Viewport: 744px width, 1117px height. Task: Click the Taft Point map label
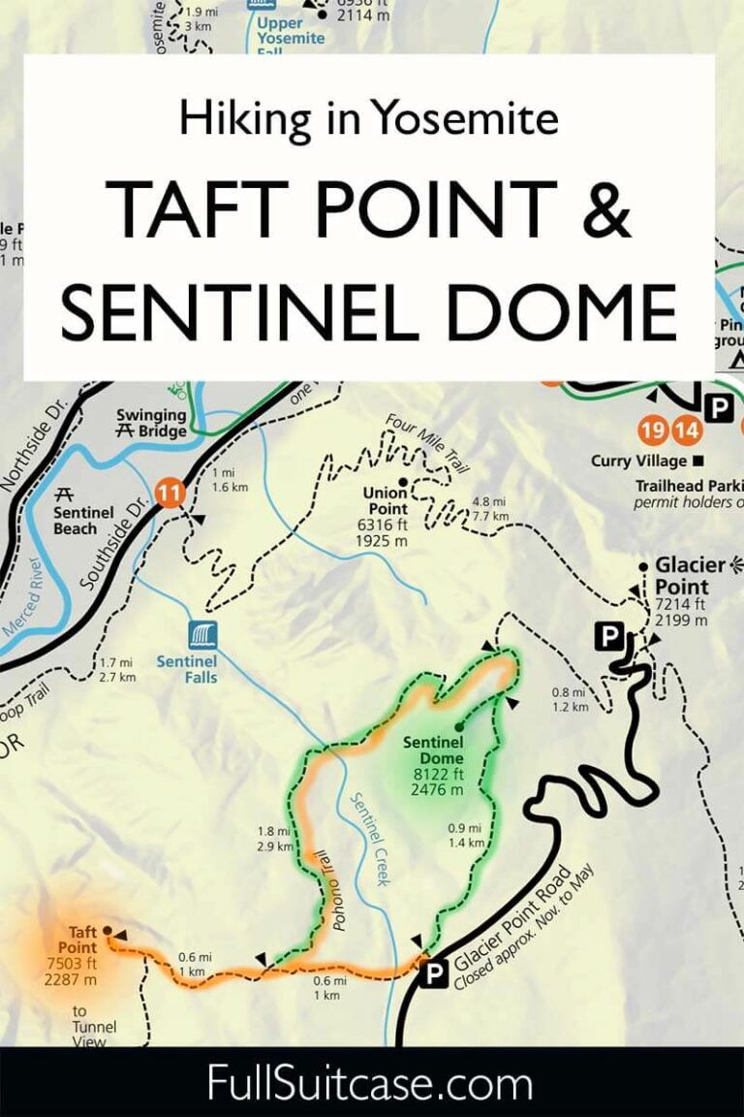point(82,941)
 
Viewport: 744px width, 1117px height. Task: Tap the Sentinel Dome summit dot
point(458,725)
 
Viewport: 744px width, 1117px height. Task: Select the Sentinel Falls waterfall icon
point(202,636)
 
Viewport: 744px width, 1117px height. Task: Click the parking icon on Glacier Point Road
point(434,973)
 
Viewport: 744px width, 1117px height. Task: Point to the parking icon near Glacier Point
point(608,637)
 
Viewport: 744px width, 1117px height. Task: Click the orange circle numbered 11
point(170,493)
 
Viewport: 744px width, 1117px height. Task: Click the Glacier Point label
point(690,576)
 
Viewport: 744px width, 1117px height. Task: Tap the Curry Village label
point(638,462)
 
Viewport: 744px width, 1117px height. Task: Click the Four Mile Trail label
point(427,442)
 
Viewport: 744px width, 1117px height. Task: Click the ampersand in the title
point(607,209)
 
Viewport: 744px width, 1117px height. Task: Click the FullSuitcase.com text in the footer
point(370,1083)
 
